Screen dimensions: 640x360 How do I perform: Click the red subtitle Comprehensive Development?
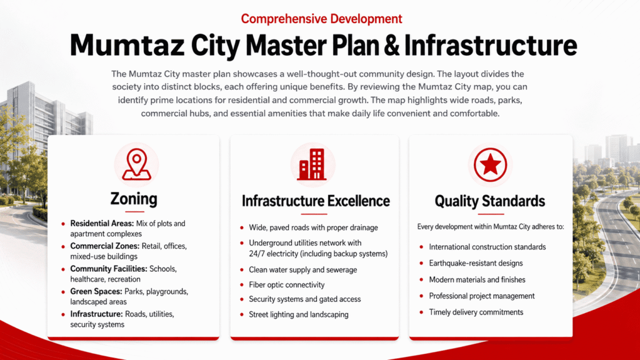[321, 19]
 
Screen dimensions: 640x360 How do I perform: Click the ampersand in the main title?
[391, 45]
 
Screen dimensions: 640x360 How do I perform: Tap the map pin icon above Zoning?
[136, 164]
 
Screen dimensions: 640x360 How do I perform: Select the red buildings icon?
[312, 164]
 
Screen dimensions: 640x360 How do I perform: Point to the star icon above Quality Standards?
[490, 164]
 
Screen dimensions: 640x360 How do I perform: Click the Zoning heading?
[134, 199]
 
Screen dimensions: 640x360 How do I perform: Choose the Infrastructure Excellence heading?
[316, 201]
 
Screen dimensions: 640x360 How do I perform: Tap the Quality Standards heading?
[489, 201]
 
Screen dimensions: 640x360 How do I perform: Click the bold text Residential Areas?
[102, 223]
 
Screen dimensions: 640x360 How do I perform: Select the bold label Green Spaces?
[96, 291]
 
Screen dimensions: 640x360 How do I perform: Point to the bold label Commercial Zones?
[105, 246]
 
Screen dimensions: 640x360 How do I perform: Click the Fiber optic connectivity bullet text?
[286, 284]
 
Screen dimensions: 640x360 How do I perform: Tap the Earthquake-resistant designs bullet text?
[476, 263]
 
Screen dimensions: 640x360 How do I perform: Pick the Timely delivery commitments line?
[476, 312]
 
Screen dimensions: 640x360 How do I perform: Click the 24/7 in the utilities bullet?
[256, 254]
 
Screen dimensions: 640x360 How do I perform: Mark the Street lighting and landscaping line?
[298, 315]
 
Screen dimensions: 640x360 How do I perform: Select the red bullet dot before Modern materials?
[421, 279]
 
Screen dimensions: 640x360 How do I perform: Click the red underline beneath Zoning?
[134, 211]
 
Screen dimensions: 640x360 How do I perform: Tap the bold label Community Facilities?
[109, 269]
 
